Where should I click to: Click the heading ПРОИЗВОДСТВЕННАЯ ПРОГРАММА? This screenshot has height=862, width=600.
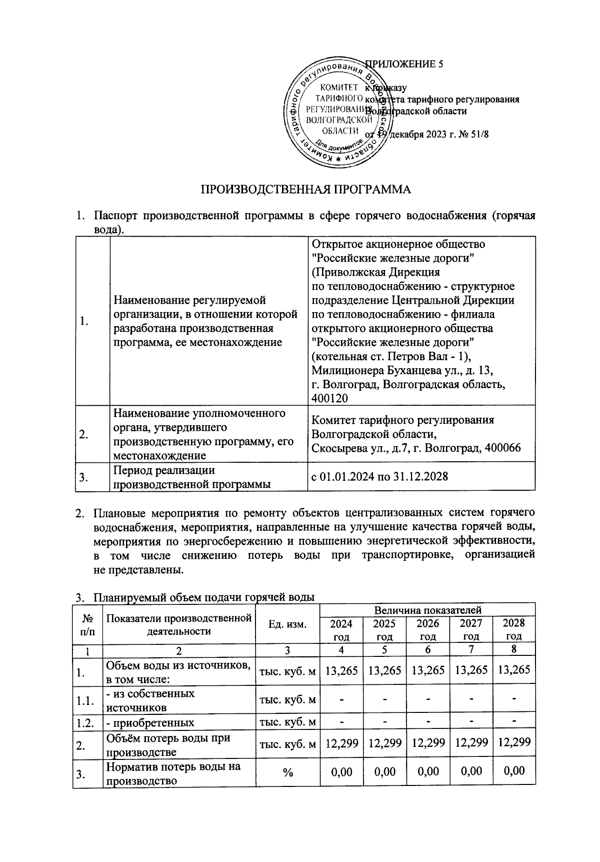tap(305, 190)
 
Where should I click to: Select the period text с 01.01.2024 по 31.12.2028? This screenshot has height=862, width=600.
tap(379, 476)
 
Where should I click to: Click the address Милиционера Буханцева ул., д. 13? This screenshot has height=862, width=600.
tap(402, 371)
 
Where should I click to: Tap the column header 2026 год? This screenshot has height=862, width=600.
tap(427, 630)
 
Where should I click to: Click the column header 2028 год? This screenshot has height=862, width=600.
tap(513, 630)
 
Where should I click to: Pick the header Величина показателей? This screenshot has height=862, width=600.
tap(427, 610)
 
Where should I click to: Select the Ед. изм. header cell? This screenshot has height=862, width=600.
tap(287, 624)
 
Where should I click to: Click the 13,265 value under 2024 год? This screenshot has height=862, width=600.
tap(341, 670)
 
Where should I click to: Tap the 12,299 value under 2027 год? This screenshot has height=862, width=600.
tap(470, 743)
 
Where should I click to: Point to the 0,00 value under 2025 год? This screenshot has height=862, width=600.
tap(384, 771)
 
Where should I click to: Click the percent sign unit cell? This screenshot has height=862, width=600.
tap(287, 772)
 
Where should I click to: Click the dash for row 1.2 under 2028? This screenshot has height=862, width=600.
tap(513, 722)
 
